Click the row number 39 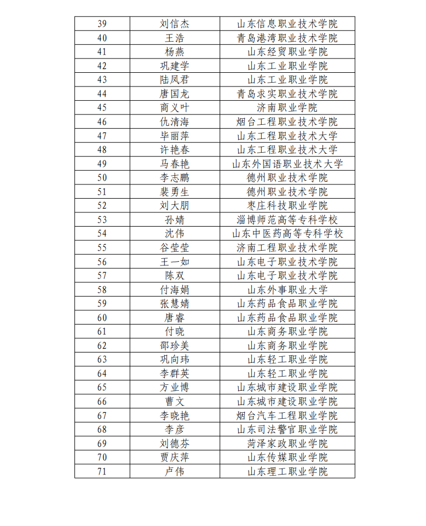click(x=102, y=24)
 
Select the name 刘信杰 click(x=175, y=24)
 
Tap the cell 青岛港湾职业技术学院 click(x=287, y=38)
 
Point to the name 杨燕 click(x=175, y=52)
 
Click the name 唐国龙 click(x=175, y=94)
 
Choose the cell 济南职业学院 click(x=287, y=108)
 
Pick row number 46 click(x=102, y=122)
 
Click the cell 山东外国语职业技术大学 click(x=287, y=164)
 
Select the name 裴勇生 click(x=175, y=192)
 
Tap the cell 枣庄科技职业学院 click(x=287, y=206)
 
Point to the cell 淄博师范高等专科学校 click(x=287, y=219)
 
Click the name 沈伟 click(x=175, y=234)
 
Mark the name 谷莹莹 click(x=175, y=247)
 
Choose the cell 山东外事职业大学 click(x=287, y=290)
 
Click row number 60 click(x=102, y=317)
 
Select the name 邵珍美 click(x=175, y=345)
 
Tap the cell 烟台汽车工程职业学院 click(x=287, y=415)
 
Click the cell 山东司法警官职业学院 click(x=287, y=429)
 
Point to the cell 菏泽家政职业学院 click(x=287, y=443)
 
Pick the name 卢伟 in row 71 click(x=175, y=471)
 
